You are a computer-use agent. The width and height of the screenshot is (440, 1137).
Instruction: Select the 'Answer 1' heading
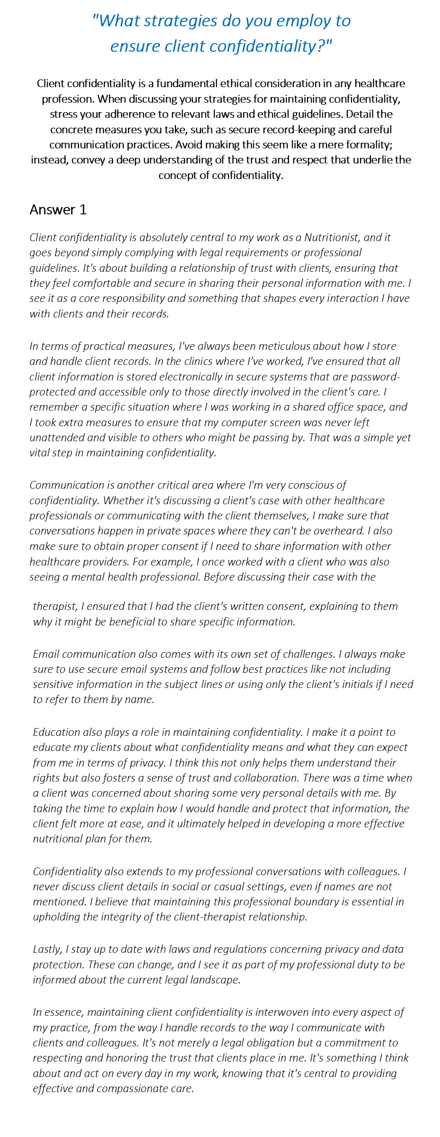(58, 210)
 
